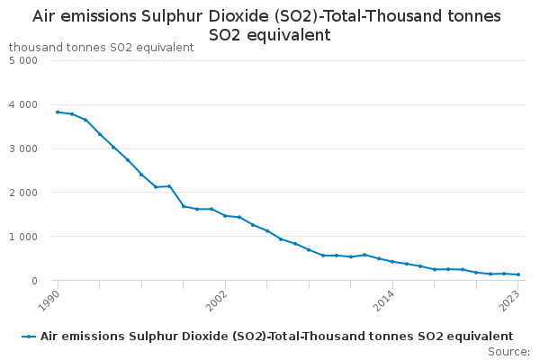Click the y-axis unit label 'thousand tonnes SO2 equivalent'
[x=101, y=47]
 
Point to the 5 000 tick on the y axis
[x=22, y=60]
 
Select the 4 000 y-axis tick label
[x=22, y=104]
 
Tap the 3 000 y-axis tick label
[x=22, y=148]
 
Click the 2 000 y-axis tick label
[x=22, y=193]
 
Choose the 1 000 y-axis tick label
[x=22, y=237]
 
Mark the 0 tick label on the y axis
[x=32, y=281]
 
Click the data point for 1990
[x=58, y=112]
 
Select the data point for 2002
[x=225, y=215]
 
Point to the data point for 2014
[x=392, y=261]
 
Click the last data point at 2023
[x=518, y=274]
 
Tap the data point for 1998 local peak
[x=169, y=186]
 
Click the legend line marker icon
[x=30, y=336]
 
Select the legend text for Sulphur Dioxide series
[x=276, y=336]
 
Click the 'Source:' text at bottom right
[x=508, y=351]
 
